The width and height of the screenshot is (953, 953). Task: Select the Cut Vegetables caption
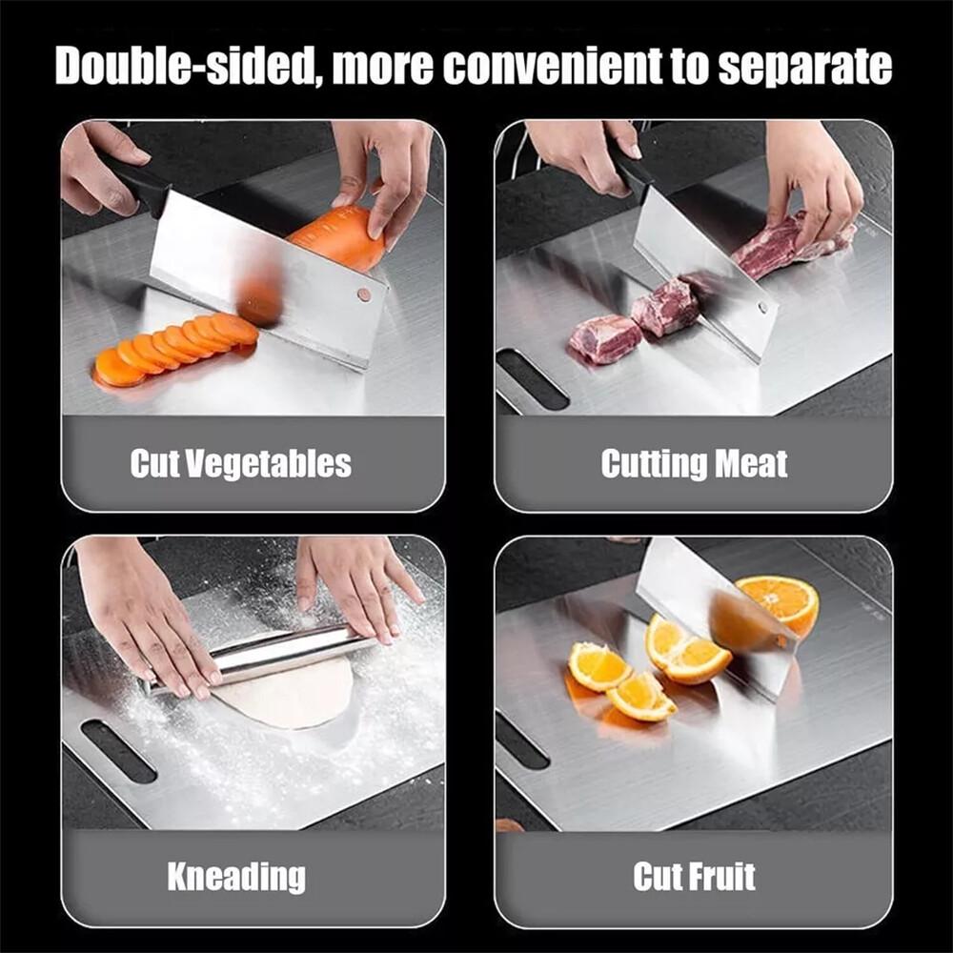[x=241, y=464]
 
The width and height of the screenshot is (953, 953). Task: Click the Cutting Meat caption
[x=694, y=464]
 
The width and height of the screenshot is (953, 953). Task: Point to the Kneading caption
[x=236, y=876]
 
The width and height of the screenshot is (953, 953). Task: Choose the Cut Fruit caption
[x=694, y=876]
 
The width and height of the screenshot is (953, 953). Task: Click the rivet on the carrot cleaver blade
[x=364, y=294]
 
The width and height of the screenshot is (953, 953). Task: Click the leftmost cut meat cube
[x=604, y=338]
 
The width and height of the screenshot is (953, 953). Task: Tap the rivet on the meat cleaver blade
[x=762, y=308]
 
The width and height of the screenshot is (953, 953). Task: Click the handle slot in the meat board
[x=532, y=378]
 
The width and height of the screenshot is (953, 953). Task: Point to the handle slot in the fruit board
[x=522, y=739]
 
